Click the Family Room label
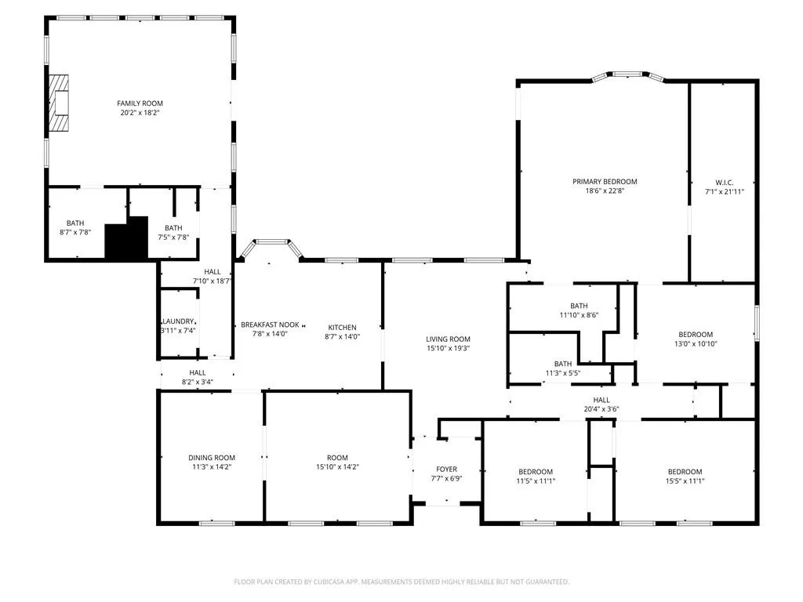140,103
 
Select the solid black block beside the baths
126,238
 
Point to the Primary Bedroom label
604,182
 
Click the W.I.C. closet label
723,182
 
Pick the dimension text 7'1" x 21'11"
723,191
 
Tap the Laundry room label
178,321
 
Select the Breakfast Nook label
270,325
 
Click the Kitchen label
342,328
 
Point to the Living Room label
448,339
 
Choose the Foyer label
446,470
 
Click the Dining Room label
211,458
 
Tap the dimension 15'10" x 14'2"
337,467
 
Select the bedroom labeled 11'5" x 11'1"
536,472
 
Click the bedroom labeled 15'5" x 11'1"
685,472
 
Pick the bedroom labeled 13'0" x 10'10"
696,335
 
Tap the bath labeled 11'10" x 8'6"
579,306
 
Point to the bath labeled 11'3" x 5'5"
562,364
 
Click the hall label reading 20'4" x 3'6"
601,400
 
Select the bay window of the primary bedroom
627,76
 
